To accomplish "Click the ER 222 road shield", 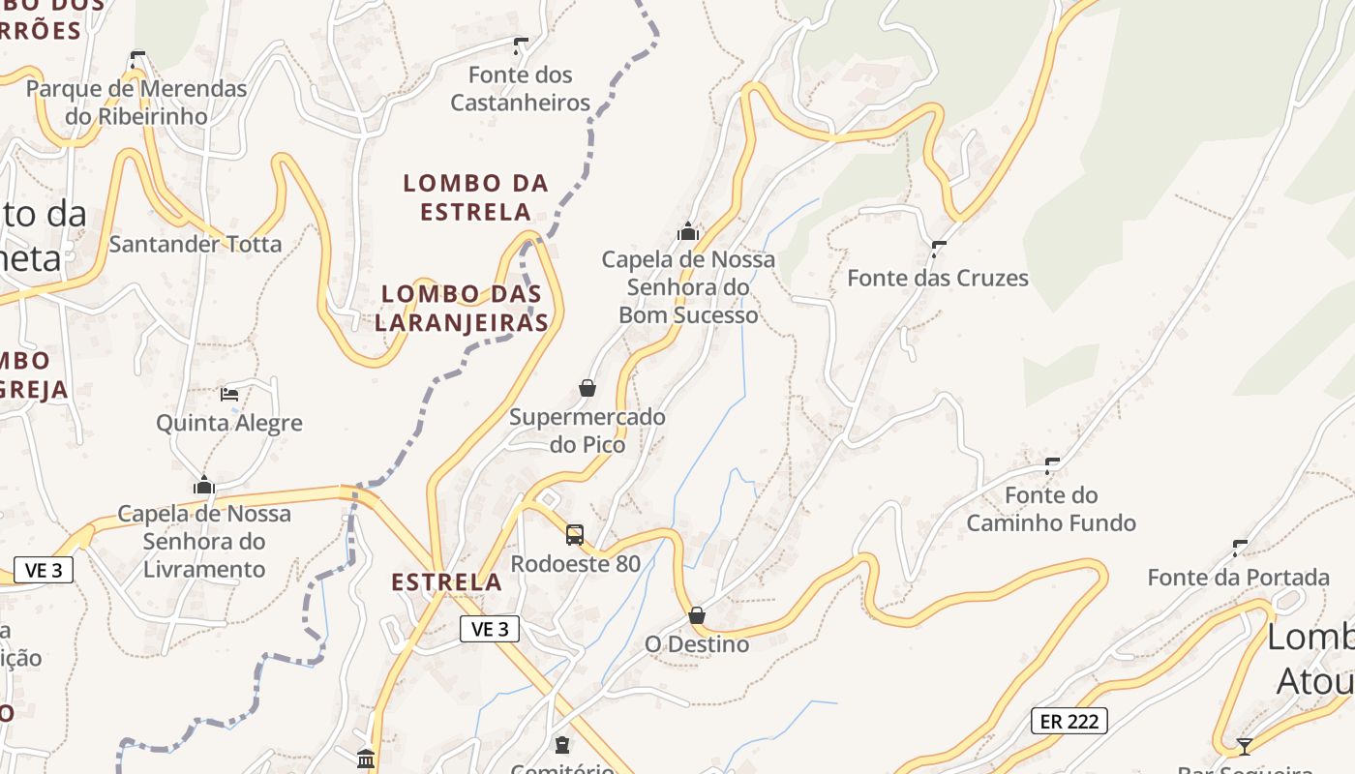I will tap(1069, 721).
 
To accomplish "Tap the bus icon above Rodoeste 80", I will tap(575, 534).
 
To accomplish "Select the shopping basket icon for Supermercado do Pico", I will tap(587, 388).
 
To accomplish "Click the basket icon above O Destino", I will tap(697, 615).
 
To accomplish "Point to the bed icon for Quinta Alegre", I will tap(229, 394).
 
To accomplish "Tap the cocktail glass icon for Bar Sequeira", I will tap(1245, 746).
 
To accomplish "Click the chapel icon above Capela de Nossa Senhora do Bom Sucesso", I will tap(688, 231).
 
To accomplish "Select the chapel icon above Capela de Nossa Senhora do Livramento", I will tap(204, 485).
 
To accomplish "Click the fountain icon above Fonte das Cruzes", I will tap(938, 249).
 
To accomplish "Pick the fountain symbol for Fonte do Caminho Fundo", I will tap(1052, 465).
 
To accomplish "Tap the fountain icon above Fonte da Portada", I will tap(1240, 549).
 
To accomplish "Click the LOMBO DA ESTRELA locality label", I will tap(475, 197).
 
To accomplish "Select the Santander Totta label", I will tap(196, 244).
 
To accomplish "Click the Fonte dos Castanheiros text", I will tap(521, 89).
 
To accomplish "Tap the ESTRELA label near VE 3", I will tap(446, 582).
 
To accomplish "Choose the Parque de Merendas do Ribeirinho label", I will tap(136, 103).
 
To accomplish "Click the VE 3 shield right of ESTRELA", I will tap(490, 629).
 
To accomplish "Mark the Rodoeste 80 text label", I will tap(576, 563).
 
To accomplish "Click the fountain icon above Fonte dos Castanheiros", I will tap(521, 45).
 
